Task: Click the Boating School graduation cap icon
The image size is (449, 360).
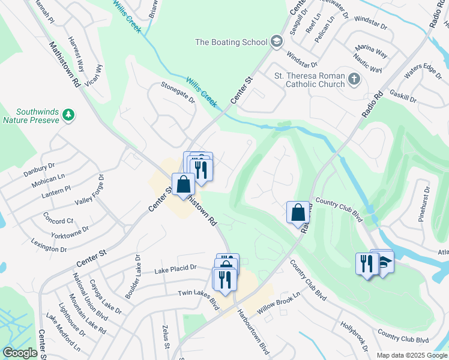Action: tap(276, 41)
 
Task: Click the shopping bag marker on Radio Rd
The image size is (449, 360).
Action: tap(298, 212)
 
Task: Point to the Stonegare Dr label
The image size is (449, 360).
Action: tap(178, 93)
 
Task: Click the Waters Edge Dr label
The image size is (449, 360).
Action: tap(423, 70)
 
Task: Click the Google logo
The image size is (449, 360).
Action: tap(20, 353)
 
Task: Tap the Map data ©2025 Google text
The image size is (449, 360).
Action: tap(411, 355)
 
